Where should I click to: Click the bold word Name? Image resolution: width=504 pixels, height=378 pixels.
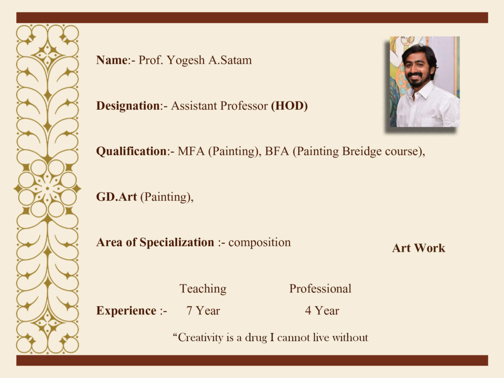(x=112, y=60)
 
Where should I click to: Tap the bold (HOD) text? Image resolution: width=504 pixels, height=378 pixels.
(x=289, y=106)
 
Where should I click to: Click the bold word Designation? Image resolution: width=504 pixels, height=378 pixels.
(x=128, y=106)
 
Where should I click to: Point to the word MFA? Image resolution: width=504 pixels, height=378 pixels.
(x=191, y=151)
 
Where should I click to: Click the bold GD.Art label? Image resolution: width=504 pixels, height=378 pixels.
(x=116, y=197)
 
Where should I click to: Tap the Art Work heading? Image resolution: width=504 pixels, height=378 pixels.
(x=418, y=248)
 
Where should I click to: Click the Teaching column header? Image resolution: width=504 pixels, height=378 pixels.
(x=203, y=289)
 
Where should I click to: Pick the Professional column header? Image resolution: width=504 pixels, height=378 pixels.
(x=320, y=288)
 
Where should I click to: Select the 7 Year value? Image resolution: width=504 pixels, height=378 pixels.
(x=203, y=311)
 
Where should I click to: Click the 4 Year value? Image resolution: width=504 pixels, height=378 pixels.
(x=322, y=311)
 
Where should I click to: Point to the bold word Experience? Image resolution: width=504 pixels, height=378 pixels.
(x=126, y=311)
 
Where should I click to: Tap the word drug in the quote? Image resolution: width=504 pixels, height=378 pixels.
(x=256, y=338)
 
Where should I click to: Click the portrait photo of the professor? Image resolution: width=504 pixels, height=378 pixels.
(x=425, y=82)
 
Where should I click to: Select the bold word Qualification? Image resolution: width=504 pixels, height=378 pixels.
(x=131, y=152)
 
